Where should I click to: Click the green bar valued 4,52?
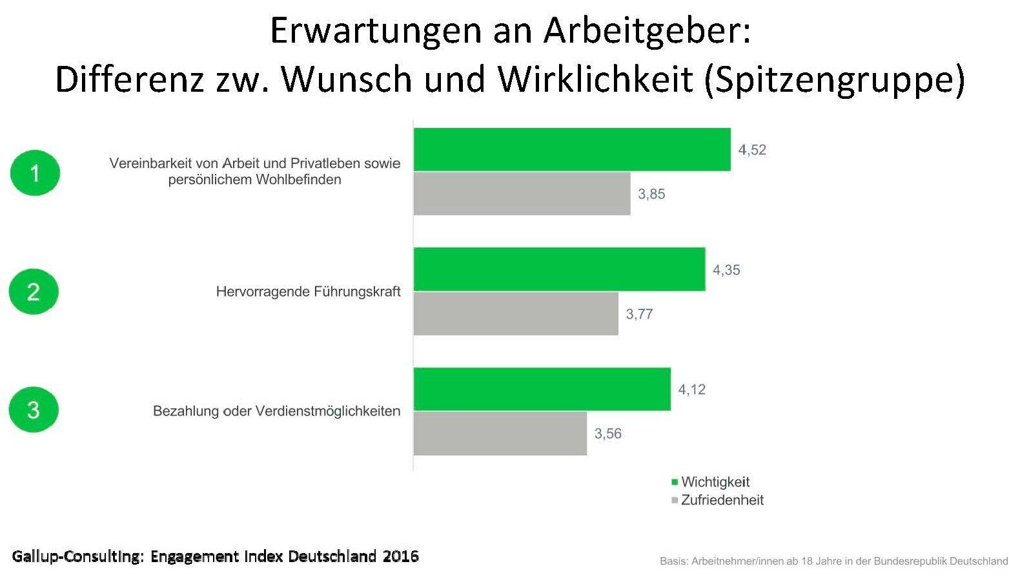coord(572,149)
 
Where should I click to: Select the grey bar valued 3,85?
coord(522,193)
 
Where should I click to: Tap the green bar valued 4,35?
coord(559,269)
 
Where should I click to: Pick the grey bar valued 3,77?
coord(516,313)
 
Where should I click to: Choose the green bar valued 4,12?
coord(542,389)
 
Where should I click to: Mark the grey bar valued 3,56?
coord(500,434)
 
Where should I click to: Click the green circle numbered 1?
coord(35,173)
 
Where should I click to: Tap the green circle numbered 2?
coord(34,292)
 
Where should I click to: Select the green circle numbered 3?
coord(34,410)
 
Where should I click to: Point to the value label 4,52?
coord(752,150)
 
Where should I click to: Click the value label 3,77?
coord(639,315)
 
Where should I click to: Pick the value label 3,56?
coord(608,434)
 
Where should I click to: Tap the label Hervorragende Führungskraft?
coord(308,292)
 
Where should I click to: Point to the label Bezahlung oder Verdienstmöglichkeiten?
coord(276,411)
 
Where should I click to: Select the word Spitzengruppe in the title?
coord(833,80)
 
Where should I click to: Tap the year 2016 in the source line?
coord(400,556)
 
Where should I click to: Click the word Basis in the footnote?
coord(673,561)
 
